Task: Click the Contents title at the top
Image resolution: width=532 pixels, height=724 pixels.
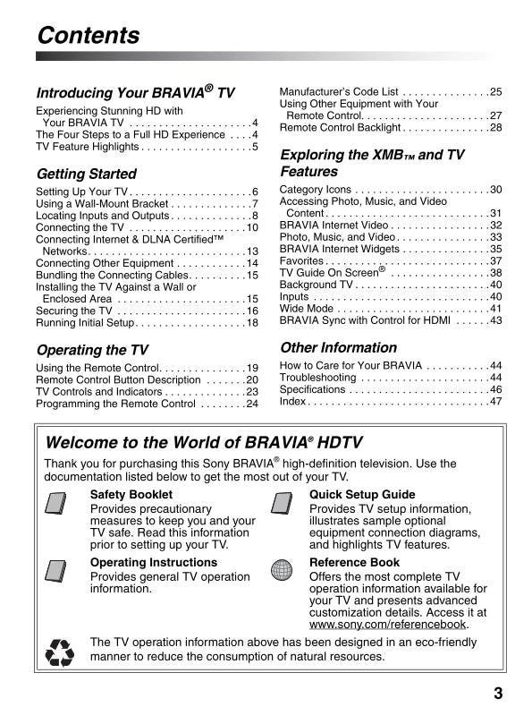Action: click(89, 36)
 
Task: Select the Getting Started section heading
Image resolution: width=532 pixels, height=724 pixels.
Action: click(86, 174)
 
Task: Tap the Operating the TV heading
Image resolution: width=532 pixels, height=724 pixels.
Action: click(92, 350)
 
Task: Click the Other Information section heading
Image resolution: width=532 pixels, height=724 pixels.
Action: click(338, 347)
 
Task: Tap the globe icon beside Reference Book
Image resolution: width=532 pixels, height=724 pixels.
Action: click(283, 572)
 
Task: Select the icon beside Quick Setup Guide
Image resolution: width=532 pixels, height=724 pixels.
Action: click(283, 507)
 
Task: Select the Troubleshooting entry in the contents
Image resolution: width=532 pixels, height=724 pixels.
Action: click(317, 378)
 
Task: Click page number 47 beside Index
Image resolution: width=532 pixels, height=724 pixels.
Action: click(495, 403)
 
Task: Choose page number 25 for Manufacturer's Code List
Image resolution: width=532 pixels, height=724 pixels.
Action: click(495, 91)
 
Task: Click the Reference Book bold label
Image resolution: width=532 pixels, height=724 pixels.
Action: click(354, 563)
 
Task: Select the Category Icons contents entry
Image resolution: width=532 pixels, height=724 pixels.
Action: click(316, 190)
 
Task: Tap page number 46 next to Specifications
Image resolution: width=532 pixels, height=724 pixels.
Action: click(495, 390)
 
